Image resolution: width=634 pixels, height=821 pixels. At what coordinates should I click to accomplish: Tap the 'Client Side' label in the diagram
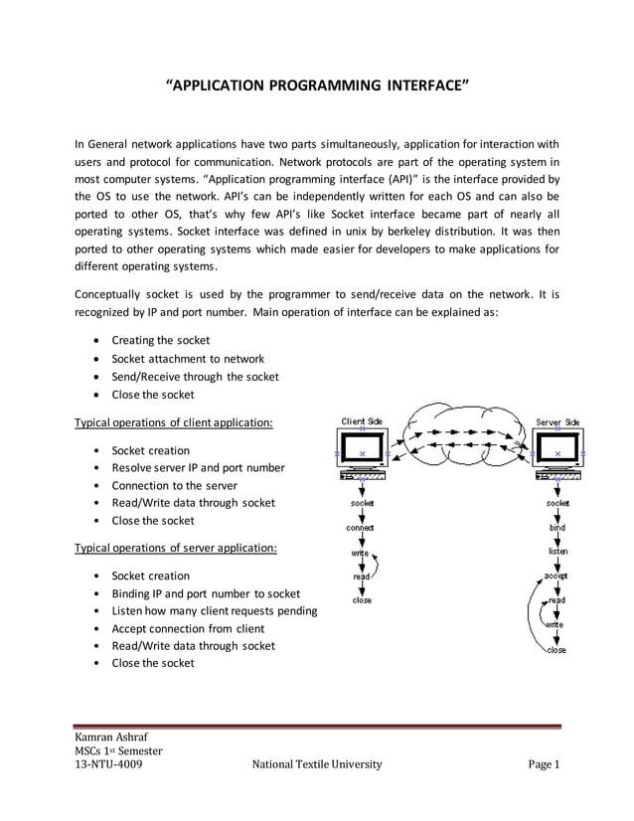[362, 421]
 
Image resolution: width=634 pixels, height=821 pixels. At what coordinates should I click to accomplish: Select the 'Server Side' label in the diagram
[556, 421]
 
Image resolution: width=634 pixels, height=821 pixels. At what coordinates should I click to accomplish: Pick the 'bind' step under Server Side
[556, 528]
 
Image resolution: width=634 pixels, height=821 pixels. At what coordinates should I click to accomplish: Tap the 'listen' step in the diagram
[557, 551]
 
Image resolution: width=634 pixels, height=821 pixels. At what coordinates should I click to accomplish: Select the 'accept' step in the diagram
[556, 575]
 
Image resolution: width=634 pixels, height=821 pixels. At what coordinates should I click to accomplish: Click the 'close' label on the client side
[362, 600]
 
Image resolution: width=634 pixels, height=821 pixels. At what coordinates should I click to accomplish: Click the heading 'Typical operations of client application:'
[175, 422]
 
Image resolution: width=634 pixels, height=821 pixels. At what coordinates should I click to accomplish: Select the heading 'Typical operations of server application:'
[176, 548]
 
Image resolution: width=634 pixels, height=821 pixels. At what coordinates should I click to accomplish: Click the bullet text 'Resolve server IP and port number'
[198, 467]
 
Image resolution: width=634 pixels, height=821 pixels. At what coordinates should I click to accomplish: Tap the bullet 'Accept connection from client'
[188, 628]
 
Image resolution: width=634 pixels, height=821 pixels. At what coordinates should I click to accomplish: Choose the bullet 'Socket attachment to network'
[188, 359]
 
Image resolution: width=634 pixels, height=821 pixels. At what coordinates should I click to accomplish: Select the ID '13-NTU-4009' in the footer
[108, 765]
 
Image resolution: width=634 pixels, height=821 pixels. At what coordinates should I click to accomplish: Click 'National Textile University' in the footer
[317, 765]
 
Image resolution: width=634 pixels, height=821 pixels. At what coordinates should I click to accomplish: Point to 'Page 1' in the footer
[545, 765]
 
